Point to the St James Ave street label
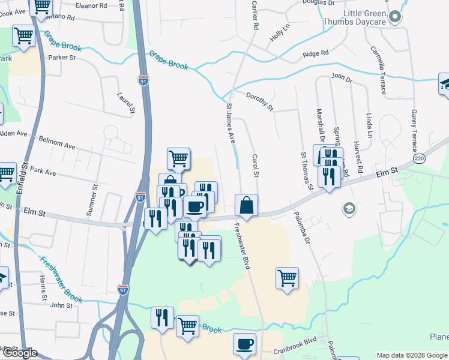[x=231, y=122]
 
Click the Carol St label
[x=255, y=166]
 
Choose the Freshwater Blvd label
[x=241, y=246]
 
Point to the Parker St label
[x=61, y=58]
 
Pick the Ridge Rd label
[x=316, y=53]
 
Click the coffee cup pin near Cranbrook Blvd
[x=244, y=344]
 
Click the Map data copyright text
[x=412, y=355]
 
